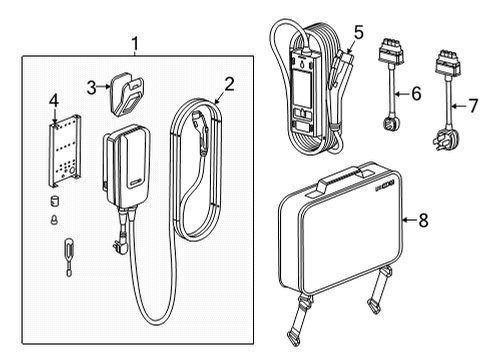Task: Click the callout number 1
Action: tap(136, 45)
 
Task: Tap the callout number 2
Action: tap(229, 85)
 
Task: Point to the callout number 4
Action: tap(54, 100)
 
